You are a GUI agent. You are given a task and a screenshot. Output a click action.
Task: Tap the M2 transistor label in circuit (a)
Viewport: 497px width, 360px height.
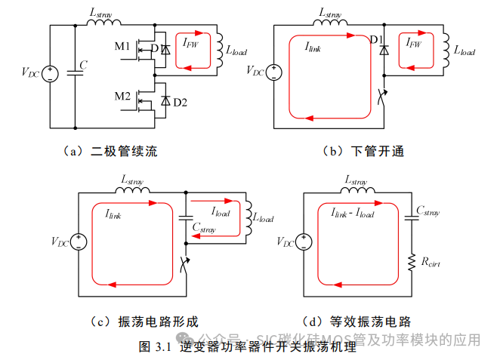pos(123,96)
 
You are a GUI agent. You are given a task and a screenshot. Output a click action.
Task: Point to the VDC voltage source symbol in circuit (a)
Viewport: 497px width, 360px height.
pos(50,74)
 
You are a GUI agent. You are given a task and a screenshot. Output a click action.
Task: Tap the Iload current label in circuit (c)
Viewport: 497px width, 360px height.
pos(221,213)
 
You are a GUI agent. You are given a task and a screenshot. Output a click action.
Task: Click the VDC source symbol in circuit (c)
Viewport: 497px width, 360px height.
pos(79,242)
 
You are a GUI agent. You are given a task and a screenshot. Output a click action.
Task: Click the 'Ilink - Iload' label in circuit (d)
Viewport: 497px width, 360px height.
pos(352,214)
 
